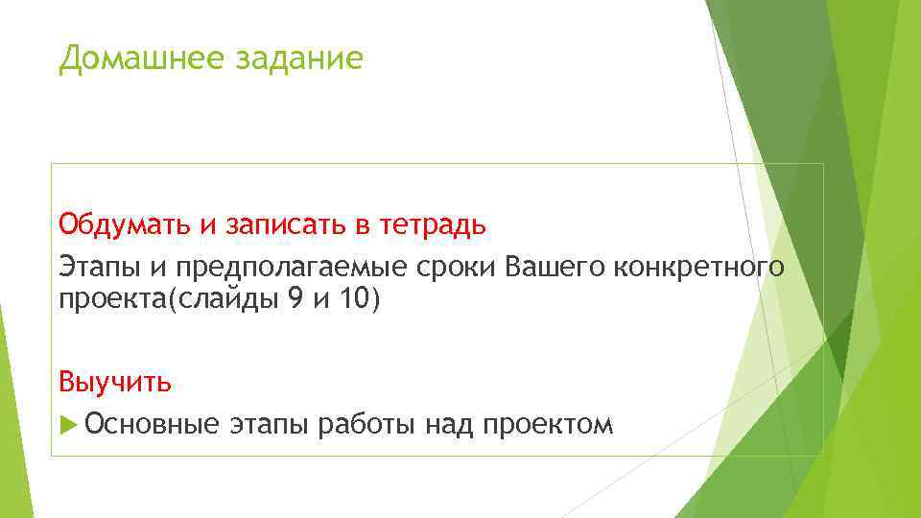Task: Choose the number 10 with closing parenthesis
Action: pyautogui.click(x=362, y=299)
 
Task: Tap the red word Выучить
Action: pyautogui.click(x=115, y=383)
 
